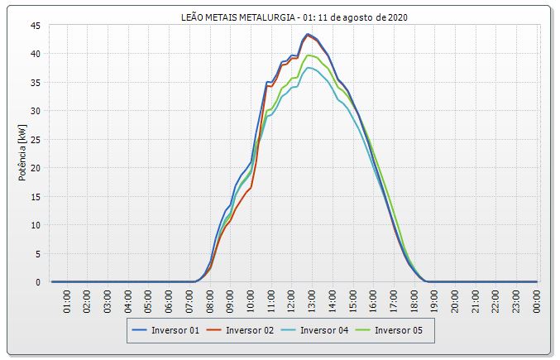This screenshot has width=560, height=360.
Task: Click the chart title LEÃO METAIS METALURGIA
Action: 293,16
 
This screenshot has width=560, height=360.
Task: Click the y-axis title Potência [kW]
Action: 21,154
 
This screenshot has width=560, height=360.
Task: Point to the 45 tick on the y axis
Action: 36,26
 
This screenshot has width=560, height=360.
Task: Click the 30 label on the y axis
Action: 36,111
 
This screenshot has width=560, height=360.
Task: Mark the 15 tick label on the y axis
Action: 36,197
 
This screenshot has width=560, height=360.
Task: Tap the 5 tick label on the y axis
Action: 38,254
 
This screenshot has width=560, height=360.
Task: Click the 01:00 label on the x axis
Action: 68,300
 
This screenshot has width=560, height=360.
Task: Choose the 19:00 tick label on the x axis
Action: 435,300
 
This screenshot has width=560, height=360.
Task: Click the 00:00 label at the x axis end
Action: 537,300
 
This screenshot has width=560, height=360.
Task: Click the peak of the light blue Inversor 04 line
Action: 309,68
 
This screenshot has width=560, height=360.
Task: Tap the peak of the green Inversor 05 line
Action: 309,55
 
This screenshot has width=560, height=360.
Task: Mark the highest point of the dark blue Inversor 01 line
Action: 308,34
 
